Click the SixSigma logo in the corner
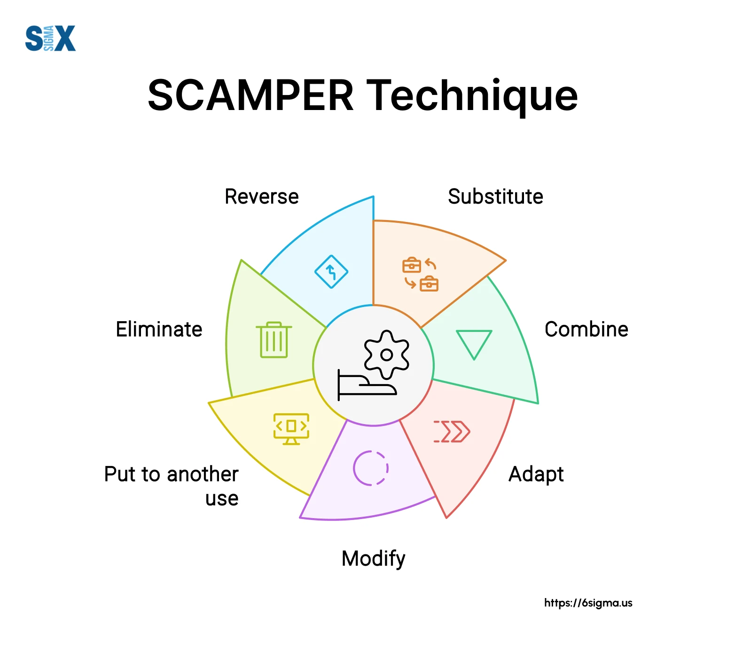[50, 38]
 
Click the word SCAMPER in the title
[250, 95]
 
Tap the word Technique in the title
[472, 95]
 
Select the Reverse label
[261, 197]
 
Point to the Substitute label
[495, 197]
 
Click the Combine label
[586, 329]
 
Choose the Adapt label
[536, 474]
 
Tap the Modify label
[373, 559]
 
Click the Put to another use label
[172, 485]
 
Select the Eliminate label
[159, 329]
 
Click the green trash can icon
[274, 339]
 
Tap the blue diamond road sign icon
[331, 272]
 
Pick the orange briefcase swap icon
[420, 274]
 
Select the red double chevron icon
[452, 431]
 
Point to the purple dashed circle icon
[371, 468]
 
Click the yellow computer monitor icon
[291, 428]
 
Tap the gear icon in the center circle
[386, 355]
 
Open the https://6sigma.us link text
[588, 603]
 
